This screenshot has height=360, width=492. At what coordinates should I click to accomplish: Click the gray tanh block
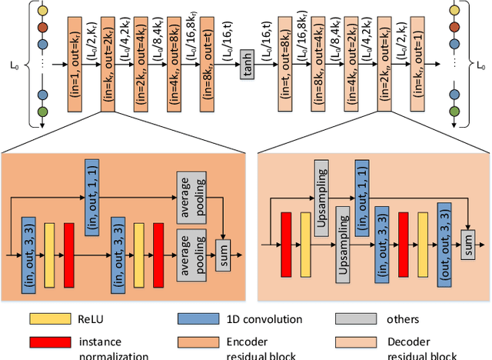point(247,68)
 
